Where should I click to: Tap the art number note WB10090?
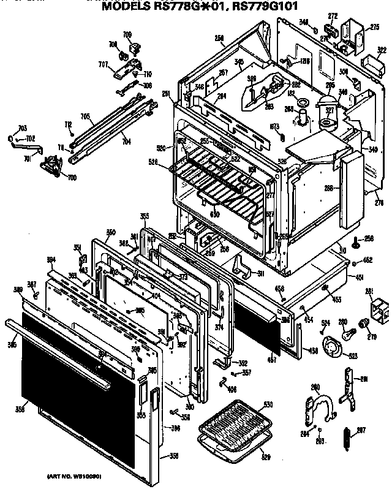point(74,476)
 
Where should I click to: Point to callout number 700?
point(56,177)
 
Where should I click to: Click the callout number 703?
point(22,128)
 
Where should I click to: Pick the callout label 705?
point(86,116)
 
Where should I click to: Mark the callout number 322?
point(382,50)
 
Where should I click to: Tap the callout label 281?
point(369,290)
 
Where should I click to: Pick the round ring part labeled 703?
point(13,138)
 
